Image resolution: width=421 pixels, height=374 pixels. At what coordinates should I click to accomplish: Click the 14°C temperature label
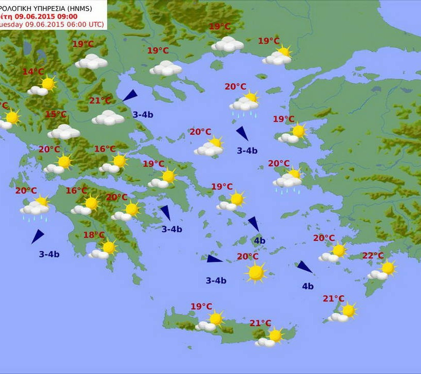[33, 72]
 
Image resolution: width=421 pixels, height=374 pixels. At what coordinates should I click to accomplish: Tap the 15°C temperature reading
[56, 114]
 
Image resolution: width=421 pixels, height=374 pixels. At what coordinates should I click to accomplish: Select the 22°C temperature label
[373, 256]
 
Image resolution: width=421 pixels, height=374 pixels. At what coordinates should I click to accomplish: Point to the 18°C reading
[94, 235]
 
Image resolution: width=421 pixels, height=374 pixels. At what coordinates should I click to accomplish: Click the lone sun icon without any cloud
[256, 272]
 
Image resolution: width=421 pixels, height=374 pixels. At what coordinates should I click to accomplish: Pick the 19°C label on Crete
[201, 307]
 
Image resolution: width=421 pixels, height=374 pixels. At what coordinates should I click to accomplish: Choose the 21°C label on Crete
[260, 323]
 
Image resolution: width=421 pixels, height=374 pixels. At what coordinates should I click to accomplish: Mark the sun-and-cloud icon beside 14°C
[43, 86]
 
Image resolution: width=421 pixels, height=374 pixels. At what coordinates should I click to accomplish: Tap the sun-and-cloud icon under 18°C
[103, 250]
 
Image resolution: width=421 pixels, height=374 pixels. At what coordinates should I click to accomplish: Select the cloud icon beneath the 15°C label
[64, 132]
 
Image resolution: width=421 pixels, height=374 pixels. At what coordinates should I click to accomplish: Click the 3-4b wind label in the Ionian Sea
[49, 254]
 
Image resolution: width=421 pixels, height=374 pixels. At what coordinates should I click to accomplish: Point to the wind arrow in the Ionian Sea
[37, 236]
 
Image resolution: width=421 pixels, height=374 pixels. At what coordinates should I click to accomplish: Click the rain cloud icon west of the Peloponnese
[35, 208]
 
